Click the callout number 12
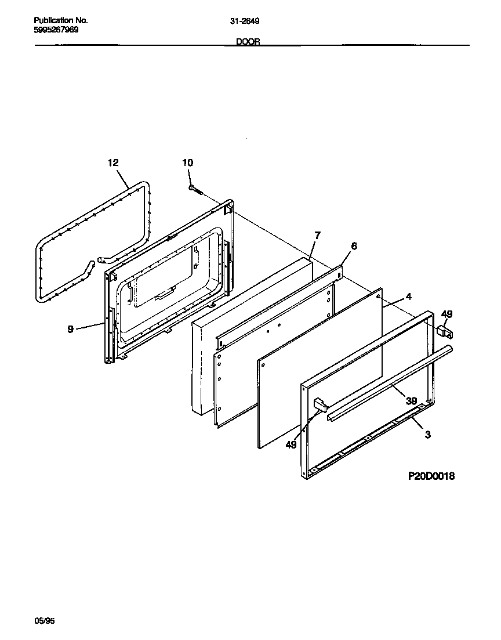point(113,163)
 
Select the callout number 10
point(188,163)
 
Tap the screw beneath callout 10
point(195,189)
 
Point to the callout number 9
point(70,329)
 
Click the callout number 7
point(317,235)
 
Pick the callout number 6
point(354,246)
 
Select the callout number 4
point(408,297)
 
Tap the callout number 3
point(427,435)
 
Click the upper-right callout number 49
point(446,314)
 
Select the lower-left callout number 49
point(291,445)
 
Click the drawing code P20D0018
point(430,476)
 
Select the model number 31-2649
point(245,21)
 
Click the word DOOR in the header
point(248,42)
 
